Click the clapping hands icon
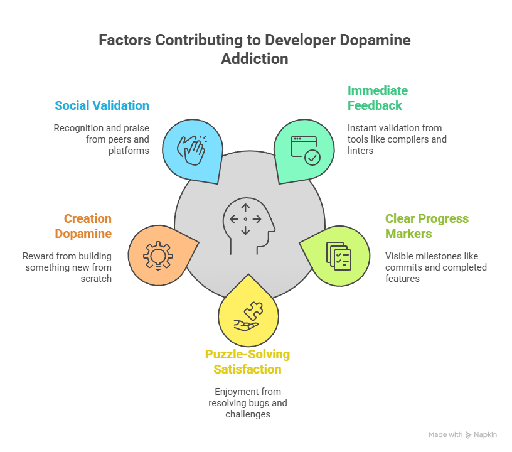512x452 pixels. [191, 149]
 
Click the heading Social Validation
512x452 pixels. [102, 105]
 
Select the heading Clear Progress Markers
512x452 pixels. [427, 226]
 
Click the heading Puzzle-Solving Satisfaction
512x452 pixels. [247, 362]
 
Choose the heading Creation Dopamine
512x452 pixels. [87, 226]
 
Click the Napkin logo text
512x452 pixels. [485, 434]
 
